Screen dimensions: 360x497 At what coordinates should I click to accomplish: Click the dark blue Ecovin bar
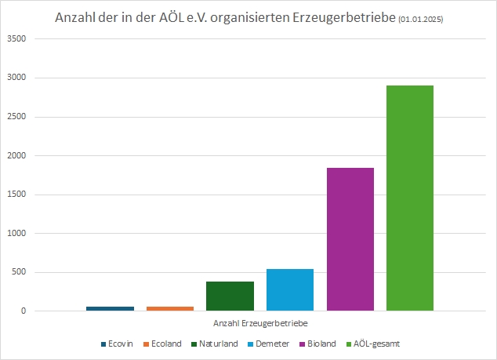point(110,308)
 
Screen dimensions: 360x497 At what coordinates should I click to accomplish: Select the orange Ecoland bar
point(170,308)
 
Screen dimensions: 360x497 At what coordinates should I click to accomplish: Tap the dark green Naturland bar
point(230,296)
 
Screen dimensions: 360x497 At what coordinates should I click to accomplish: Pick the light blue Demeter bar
point(290,289)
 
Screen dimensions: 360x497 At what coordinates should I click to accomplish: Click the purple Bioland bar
point(350,239)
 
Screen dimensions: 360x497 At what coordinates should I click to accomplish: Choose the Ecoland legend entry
point(165,344)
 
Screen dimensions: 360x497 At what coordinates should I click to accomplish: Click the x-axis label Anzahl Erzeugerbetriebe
point(259,323)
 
